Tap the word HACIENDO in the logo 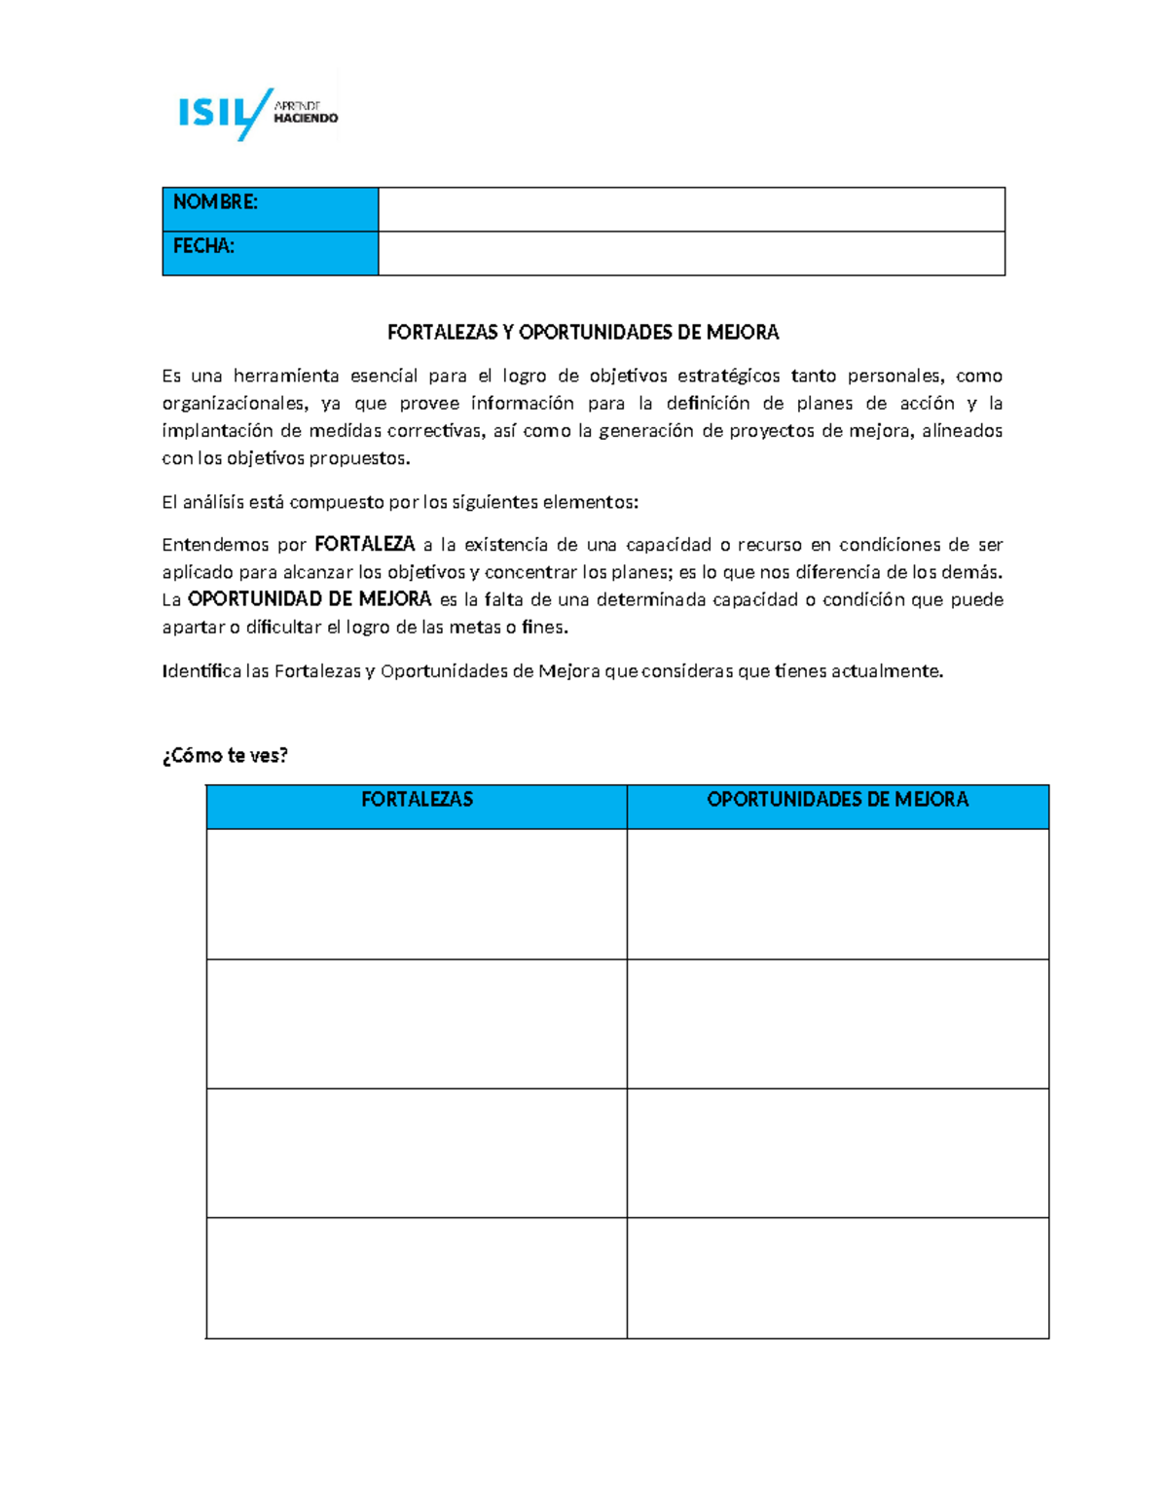point(306,119)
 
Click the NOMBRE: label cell point(270,208)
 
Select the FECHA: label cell point(270,253)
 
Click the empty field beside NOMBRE point(691,208)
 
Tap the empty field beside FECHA point(691,253)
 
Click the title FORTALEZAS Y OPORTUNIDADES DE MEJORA point(583,333)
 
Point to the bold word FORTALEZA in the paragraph point(365,544)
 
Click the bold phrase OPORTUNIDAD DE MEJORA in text point(310,599)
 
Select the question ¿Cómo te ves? point(225,756)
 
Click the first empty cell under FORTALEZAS point(417,893)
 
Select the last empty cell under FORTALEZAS point(417,1277)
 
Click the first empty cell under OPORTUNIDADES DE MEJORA point(837,893)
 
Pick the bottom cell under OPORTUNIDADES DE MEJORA point(837,1277)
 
